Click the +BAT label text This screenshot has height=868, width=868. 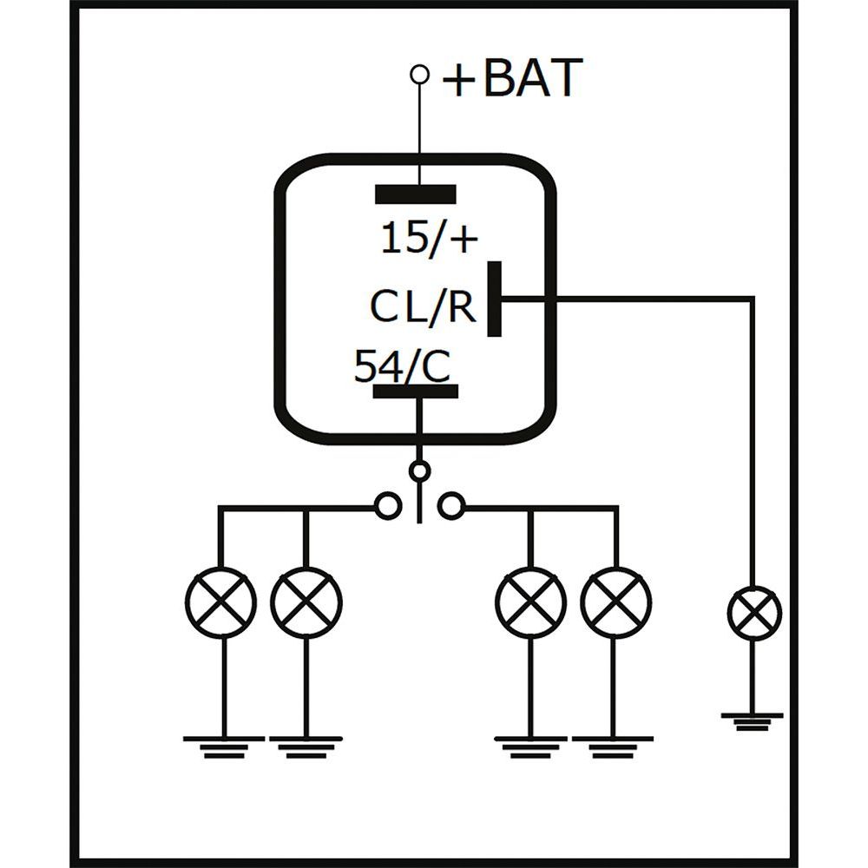click(511, 78)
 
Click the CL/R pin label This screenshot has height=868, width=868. click(424, 306)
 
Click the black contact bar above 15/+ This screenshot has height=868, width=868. click(415, 193)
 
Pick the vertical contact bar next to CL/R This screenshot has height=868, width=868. click(494, 298)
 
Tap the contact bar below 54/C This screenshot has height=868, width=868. click(415, 391)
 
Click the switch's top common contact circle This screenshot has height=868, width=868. click(420, 471)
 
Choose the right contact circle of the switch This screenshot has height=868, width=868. click(450, 505)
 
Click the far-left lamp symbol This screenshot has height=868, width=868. click(221, 602)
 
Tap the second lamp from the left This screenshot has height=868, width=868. click(306, 602)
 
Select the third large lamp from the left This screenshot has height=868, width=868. click(531, 602)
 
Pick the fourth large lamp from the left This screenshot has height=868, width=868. click(616, 602)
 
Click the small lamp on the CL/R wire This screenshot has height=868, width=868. click(753, 613)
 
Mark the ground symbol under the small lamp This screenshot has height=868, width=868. click(753, 720)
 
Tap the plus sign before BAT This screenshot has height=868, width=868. click(459, 81)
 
